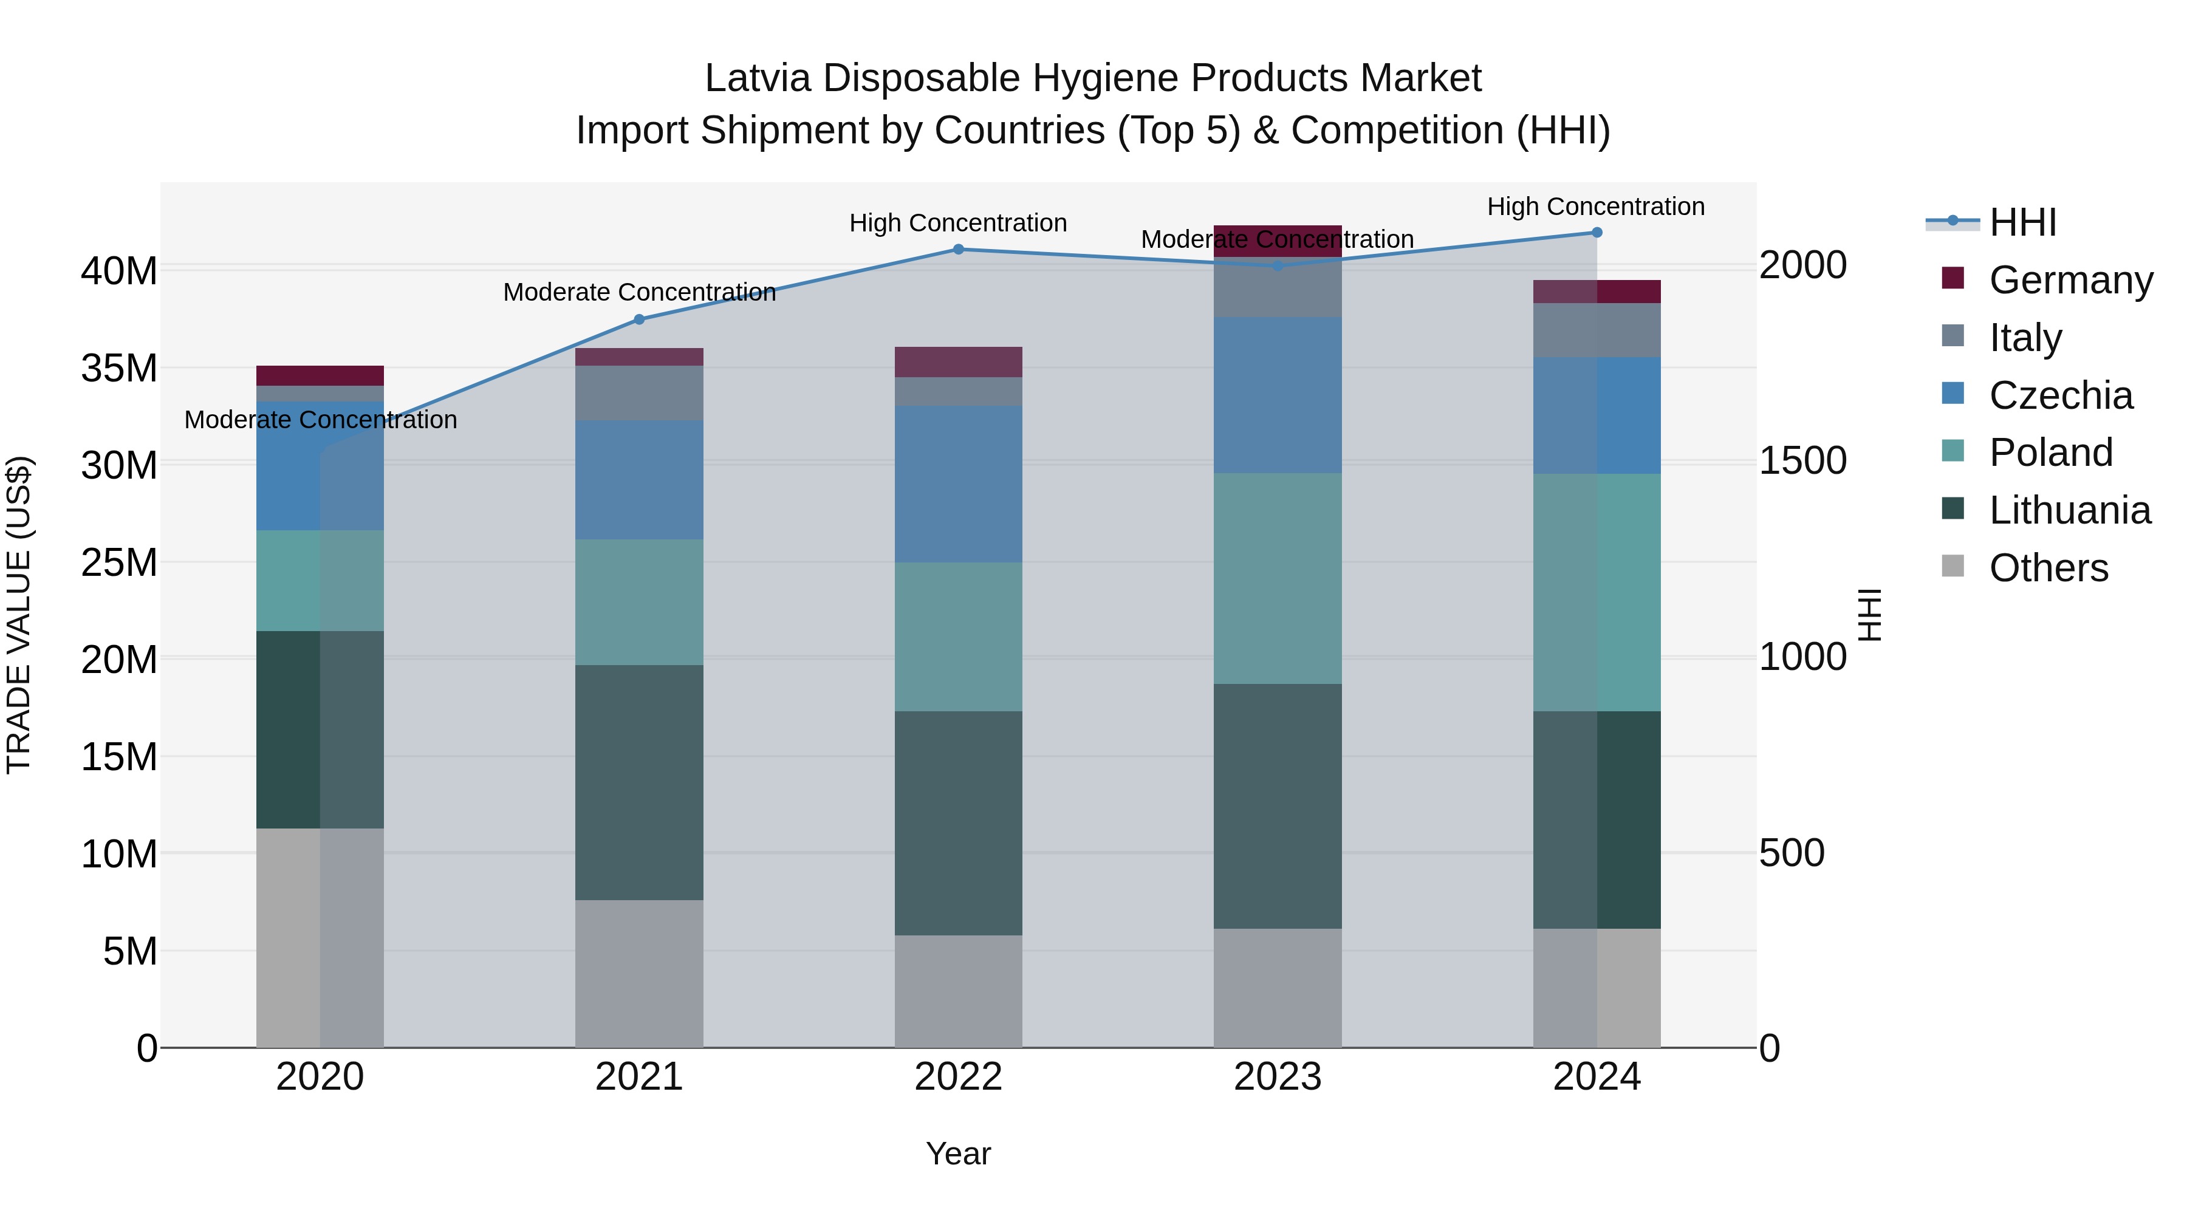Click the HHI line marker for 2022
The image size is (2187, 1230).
pos(959,250)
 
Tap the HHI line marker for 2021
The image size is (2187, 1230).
pos(639,319)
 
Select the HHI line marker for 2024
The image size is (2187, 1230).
pos(1597,233)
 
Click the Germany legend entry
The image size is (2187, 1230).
pos(2070,280)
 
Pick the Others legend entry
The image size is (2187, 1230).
pos(2048,568)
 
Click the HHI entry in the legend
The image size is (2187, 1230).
pos(2022,222)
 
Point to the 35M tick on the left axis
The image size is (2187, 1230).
pos(119,369)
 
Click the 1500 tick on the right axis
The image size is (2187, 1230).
pos(1802,461)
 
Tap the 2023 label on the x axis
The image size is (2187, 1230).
pos(1278,1077)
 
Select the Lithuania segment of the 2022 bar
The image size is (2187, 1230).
pos(959,824)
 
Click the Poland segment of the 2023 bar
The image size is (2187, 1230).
pos(1278,579)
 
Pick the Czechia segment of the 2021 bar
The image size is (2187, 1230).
pos(639,480)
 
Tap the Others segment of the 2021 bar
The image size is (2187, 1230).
pos(639,974)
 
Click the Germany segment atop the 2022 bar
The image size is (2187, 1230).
pos(959,361)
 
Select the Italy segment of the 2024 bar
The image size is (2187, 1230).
pos(1597,330)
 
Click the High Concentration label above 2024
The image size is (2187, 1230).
pos(1596,207)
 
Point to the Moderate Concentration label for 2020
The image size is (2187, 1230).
pos(320,420)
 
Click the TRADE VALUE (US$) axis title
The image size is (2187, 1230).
pos(19,615)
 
